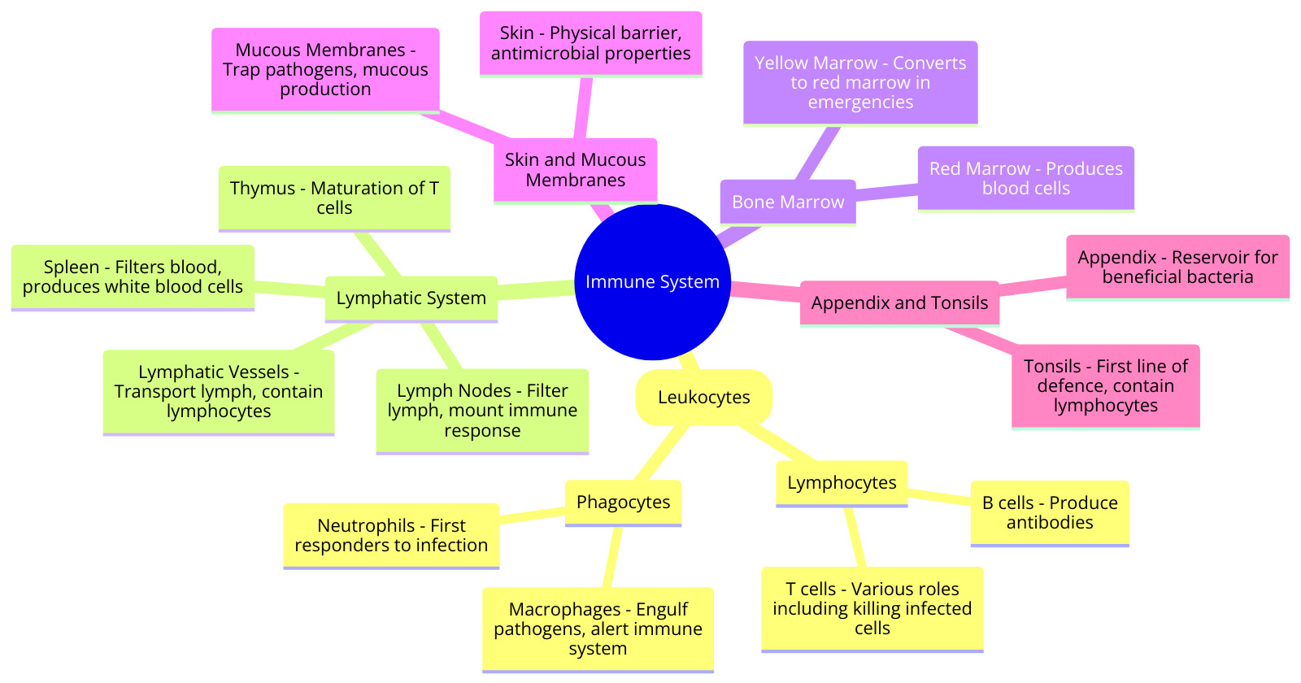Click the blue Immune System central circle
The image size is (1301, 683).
652,281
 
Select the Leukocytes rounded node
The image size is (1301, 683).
703,397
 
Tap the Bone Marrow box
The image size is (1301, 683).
787,202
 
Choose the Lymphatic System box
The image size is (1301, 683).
411,298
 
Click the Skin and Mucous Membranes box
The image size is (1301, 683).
575,170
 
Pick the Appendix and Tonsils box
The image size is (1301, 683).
899,303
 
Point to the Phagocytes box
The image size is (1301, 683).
623,502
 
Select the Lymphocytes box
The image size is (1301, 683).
842,483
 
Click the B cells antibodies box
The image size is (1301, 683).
1049,512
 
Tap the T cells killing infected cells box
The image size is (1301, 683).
872,608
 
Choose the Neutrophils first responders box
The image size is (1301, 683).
391,535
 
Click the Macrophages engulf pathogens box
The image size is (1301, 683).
598,629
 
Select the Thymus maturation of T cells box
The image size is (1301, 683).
334,198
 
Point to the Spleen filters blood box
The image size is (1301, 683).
133,276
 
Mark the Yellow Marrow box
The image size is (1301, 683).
860,82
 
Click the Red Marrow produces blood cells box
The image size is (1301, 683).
1025,178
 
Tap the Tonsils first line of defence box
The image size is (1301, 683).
1105,385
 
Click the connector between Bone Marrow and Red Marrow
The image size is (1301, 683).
886,192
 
